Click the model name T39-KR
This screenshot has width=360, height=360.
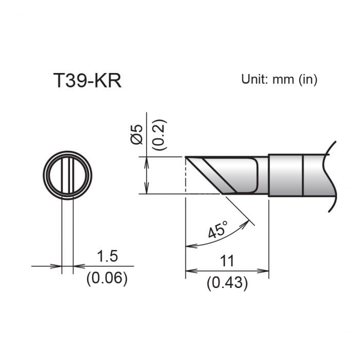(x=87, y=81)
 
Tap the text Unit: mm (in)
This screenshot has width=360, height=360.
(x=279, y=79)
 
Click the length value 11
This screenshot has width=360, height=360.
(x=227, y=261)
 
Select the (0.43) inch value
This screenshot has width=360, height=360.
(x=227, y=282)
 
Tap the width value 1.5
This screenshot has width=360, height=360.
(x=107, y=256)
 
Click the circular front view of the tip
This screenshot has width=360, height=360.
(x=67, y=175)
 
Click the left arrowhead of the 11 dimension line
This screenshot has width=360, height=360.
(x=189, y=271)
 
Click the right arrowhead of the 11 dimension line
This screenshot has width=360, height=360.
(x=265, y=271)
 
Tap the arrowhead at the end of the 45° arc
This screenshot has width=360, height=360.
(x=188, y=246)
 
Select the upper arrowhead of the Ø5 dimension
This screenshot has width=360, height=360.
(x=148, y=160)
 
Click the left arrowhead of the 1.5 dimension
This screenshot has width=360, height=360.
(x=58, y=266)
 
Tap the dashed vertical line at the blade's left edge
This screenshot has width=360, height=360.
(x=185, y=177)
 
